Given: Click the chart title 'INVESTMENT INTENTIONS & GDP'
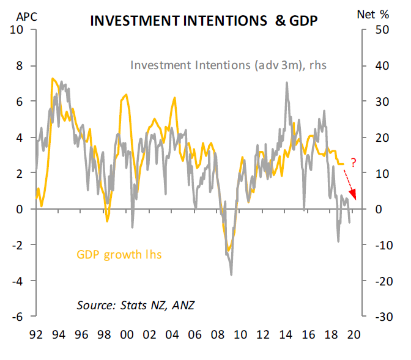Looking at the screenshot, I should click(x=204, y=21).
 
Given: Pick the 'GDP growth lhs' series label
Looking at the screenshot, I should click(x=119, y=254).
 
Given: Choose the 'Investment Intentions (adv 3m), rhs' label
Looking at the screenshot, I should click(x=228, y=64).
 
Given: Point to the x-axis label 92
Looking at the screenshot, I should click(x=35, y=335).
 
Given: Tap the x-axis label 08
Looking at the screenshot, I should click(x=217, y=335).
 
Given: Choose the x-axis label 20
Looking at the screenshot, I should click(x=354, y=335).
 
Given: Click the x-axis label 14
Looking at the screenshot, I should click(x=286, y=335).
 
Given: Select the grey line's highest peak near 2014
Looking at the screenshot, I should click(x=286, y=82).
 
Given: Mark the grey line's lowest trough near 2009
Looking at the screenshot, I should click(x=231, y=274).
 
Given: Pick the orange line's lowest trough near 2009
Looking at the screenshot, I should click(x=228, y=250).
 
